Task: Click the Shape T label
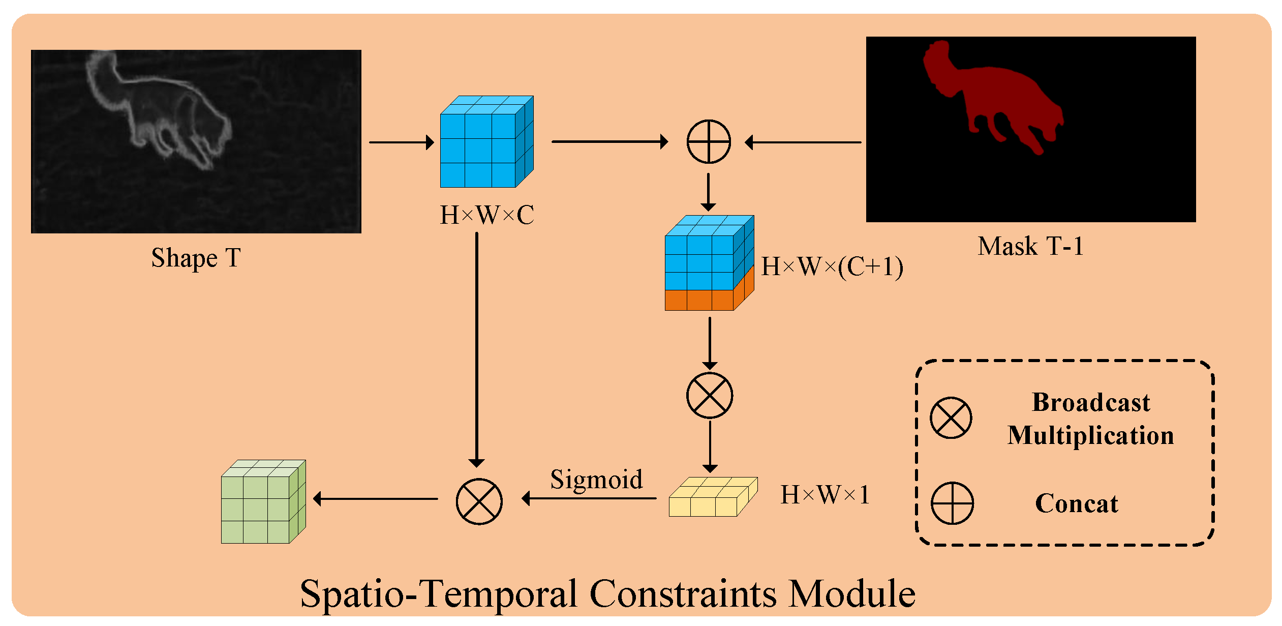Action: [196, 258]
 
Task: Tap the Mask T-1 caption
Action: [1030, 246]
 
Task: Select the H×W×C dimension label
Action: [486, 215]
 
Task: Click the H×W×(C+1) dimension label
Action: [832, 266]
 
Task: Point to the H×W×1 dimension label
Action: [825, 494]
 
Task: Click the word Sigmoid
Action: [596, 479]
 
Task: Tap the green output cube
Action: [262, 502]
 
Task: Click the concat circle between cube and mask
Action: [709, 142]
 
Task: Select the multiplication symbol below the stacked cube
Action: [710, 395]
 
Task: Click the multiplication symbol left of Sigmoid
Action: [479, 501]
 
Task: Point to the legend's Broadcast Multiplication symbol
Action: [951, 418]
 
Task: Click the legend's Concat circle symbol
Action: [952, 503]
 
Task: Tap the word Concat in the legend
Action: [1076, 503]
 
